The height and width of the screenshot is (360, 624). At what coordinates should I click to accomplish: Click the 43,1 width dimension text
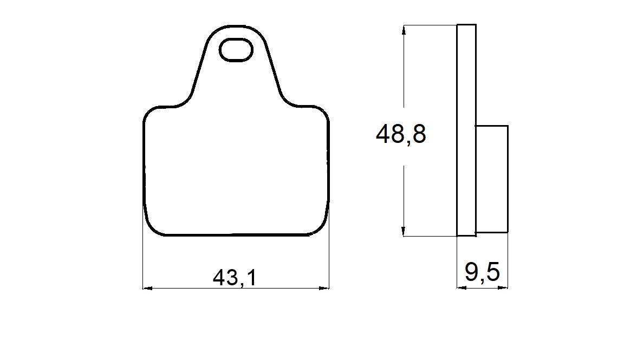[x=234, y=278]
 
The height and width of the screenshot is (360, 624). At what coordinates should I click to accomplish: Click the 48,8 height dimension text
[x=401, y=134]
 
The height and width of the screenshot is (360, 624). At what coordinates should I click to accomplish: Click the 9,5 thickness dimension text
[x=482, y=273]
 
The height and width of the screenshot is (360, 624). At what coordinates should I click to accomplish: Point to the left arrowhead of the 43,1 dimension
[x=146, y=288]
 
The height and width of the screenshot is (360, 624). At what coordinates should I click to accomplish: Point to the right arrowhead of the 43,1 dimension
[x=326, y=288]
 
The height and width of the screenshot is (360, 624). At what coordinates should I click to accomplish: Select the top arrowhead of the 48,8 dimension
[x=404, y=29]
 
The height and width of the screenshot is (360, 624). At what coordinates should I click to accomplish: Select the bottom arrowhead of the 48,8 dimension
[x=404, y=232]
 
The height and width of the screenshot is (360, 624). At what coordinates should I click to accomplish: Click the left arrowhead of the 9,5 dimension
[x=460, y=288]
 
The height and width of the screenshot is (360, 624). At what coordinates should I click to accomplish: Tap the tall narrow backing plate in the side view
[x=466, y=130]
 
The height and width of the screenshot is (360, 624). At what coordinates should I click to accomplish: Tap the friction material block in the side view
[x=492, y=179]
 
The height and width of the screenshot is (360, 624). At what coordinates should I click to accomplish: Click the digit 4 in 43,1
[x=219, y=278]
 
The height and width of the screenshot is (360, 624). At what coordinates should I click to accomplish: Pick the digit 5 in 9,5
[x=492, y=273]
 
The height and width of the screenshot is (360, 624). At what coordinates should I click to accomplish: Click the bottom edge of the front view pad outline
[x=236, y=235]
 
